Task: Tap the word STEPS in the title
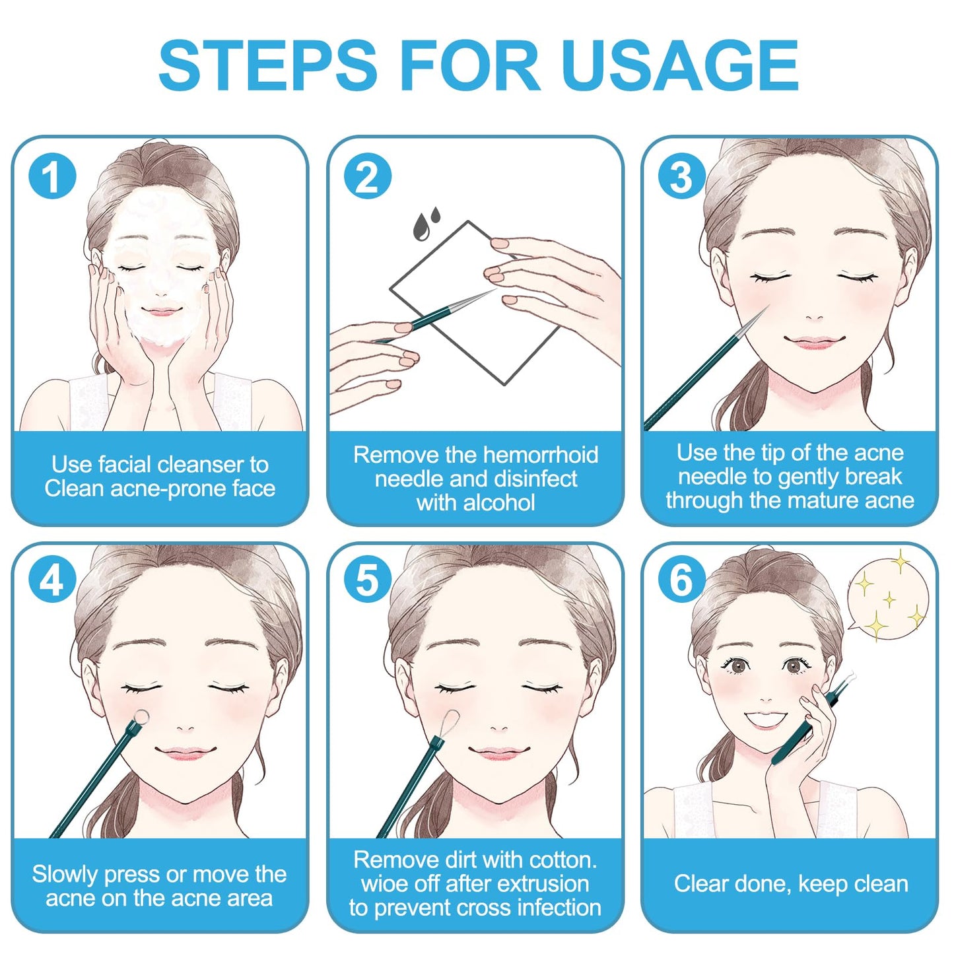tap(267, 65)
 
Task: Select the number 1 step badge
tap(52, 176)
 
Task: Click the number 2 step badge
tap(368, 176)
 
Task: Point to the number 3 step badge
tap(681, 176)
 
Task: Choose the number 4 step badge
tap(52, 581)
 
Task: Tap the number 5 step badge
tap(368, 581)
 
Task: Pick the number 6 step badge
tap(681, 581)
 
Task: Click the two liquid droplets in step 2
tap(426, 224)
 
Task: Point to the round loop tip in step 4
tap(141, 717)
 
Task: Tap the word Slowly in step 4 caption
tap(65, 874)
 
